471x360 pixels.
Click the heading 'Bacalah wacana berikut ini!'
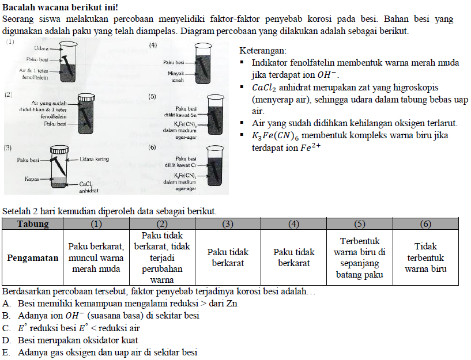[x=61, y=7]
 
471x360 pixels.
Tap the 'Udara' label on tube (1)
[x=41, y=48]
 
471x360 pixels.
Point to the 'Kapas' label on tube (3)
[x=31, y=179]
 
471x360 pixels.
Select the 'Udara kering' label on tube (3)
[x=94, y=159]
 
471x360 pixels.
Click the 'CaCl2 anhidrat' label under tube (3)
[x=89, y=187]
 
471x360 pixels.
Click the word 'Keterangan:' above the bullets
[x=262, y=51]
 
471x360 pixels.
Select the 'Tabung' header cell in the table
[x=32, y=223]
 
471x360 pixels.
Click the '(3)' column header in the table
[x=228, y=223]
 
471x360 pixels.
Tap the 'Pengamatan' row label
[x=32, y=257]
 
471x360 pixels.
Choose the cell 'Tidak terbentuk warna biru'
[x=425, y=257]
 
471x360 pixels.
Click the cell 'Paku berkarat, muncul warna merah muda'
[x=96, y=257]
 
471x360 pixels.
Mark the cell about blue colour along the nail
[x=360, y=257]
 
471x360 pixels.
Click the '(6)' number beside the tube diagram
[x=153, y=147]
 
